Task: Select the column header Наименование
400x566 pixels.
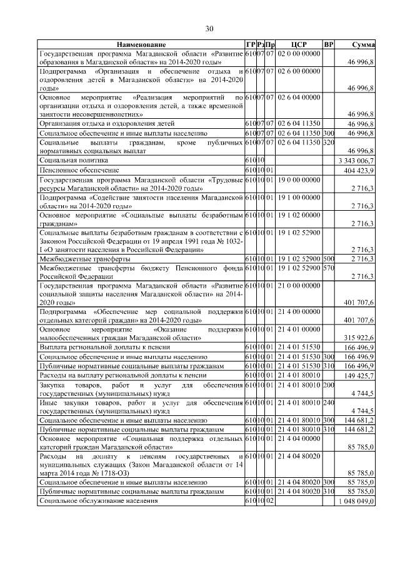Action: point(141,45)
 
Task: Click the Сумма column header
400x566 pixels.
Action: point(362,45)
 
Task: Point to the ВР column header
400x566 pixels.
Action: point(329,45)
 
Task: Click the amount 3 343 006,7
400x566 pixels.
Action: point(356,161)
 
